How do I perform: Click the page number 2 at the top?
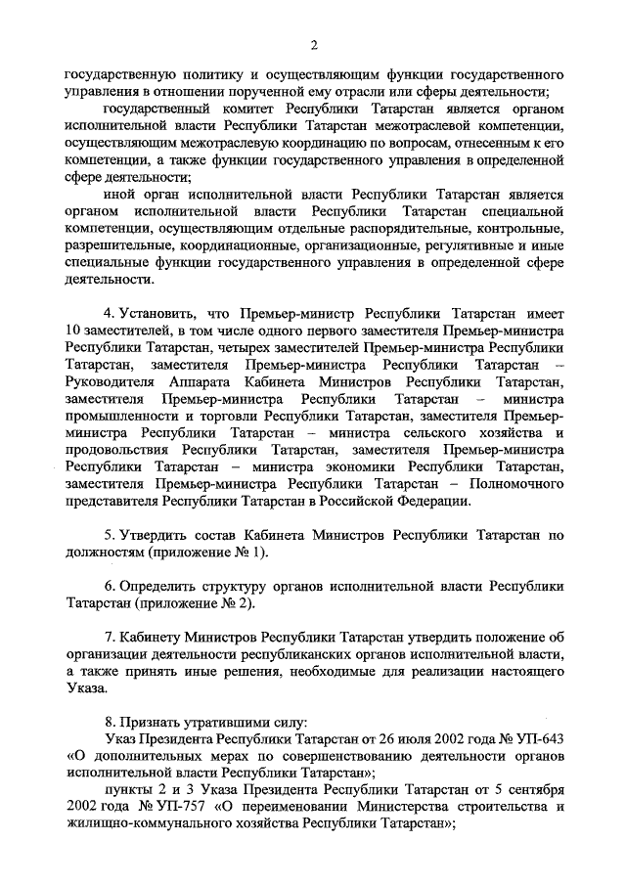(314, 43)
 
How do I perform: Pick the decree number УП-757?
(188, 808)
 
